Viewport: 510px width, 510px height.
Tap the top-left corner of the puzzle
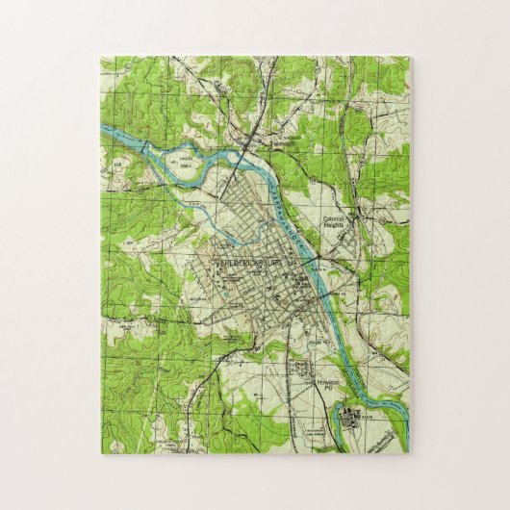[100, 57]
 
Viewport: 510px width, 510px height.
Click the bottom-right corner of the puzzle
[409, 452]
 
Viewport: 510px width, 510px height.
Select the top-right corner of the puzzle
[409, 57]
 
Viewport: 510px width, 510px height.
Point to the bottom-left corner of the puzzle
[100, 452]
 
